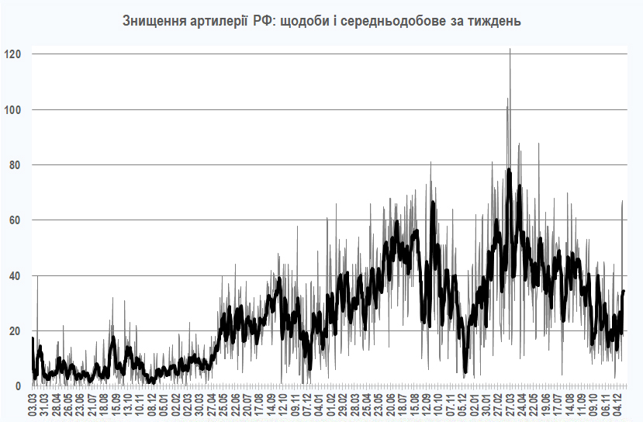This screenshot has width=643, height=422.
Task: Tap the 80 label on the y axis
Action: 14,165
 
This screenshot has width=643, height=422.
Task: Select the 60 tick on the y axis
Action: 14,220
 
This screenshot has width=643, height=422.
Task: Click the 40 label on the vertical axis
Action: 14,276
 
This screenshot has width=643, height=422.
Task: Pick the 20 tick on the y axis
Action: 14,331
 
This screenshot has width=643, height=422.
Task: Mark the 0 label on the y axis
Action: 17,386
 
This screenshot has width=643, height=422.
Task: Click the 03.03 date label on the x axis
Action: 33,404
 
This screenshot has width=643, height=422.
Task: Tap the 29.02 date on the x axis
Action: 343,404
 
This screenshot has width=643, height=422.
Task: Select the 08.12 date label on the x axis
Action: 153,404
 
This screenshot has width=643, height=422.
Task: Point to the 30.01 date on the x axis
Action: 485,404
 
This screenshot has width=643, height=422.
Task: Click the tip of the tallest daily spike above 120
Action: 510,49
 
